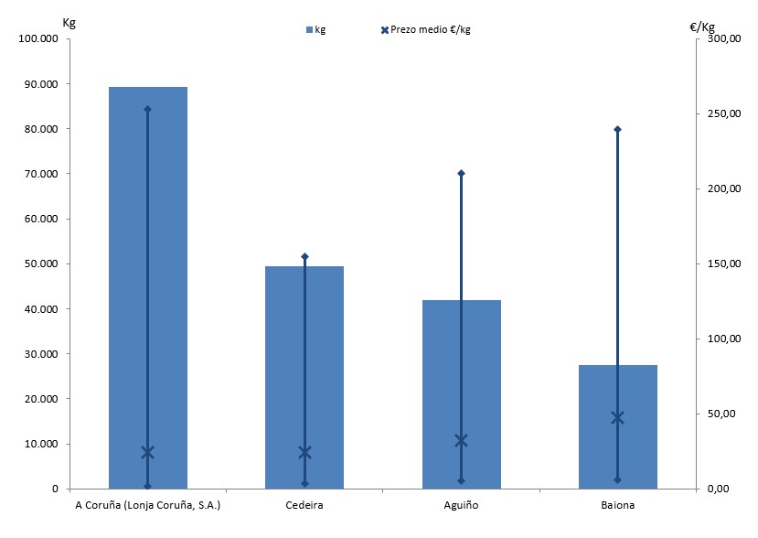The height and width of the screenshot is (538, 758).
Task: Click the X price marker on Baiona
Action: click(617, 417)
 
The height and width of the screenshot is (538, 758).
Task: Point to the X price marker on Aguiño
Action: click(461, 441)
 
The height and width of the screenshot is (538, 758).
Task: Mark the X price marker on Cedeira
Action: click(304, 452)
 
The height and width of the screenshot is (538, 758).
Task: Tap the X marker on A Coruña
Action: click(147, 452)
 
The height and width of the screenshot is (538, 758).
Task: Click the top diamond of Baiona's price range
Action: click(617, 129)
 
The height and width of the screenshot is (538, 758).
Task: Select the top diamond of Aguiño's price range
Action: click(461, 173)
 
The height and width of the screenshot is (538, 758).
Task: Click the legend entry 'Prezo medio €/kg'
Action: click(430, 30)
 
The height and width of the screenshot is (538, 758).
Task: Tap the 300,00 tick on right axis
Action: click(718, 39)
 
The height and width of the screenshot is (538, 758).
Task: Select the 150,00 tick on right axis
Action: click(718, 264)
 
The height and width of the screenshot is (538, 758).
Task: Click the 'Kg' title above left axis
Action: click(69, 22)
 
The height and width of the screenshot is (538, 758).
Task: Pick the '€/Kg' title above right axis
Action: click(703, 27)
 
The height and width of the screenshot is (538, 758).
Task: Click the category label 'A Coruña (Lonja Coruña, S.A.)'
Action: click(147, 505)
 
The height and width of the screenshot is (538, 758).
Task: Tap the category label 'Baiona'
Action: click(617, 505)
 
